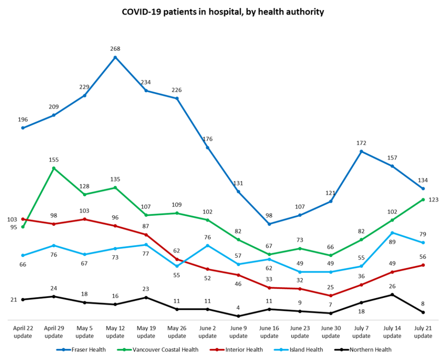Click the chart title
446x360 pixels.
[223, 12]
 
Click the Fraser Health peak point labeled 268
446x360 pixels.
[115, 57]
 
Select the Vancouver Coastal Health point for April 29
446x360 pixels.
[54, 168]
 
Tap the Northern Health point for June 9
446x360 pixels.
[239, 316]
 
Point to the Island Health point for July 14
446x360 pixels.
[392, 233]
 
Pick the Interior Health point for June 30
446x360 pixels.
[331, 295]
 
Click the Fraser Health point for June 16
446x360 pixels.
[269, 224]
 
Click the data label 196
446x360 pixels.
[23, 119]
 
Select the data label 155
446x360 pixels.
[54, 160]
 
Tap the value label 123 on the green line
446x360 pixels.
[433, 200]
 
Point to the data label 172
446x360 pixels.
[361, 143]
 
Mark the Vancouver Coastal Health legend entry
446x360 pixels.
[159, 350]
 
